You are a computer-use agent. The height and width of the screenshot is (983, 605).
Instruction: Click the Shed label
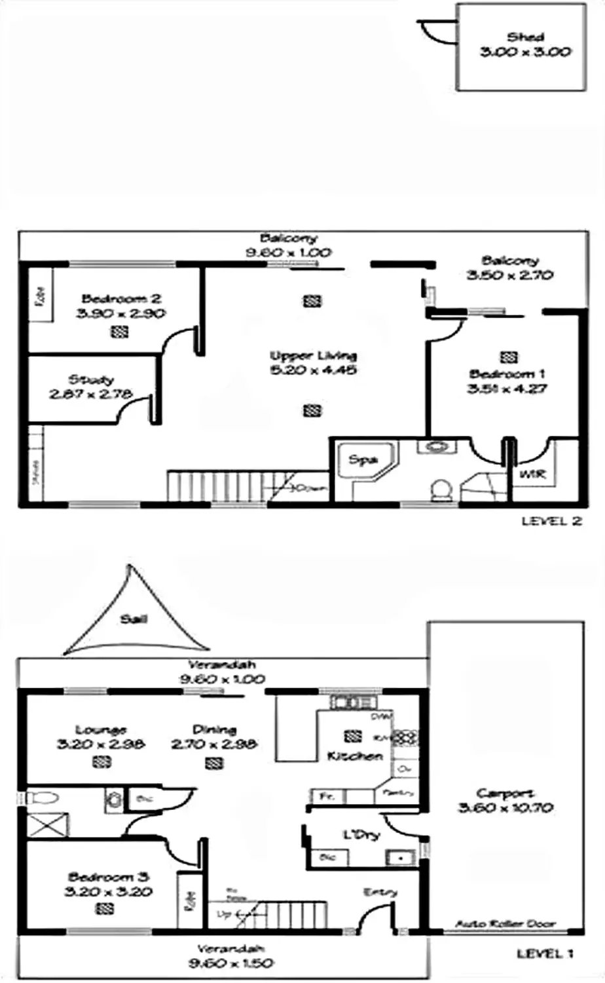coord(525,37)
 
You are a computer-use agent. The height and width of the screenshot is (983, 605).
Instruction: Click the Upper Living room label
coord(314,356)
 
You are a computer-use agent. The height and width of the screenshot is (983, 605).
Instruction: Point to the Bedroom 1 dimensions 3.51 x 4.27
coord(507,389)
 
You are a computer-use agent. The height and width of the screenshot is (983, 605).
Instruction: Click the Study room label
coord(91,379)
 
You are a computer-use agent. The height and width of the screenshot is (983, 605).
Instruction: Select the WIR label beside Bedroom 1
coord(532,473)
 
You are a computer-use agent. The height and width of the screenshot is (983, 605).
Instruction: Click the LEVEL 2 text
coord(551,522)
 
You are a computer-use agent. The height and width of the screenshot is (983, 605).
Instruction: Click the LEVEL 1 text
coord(545,954)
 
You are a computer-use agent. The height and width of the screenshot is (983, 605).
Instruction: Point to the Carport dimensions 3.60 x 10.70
coord(505,808)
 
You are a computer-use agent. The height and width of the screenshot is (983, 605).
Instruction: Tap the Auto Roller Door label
coord(505,924)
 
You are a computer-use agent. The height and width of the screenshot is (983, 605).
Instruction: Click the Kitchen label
coord(354,756)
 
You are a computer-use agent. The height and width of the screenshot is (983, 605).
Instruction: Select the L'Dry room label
coord(361,836)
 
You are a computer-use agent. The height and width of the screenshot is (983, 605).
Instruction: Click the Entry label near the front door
coord(380,893)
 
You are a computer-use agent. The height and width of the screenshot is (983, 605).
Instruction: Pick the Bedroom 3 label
coord(109,877)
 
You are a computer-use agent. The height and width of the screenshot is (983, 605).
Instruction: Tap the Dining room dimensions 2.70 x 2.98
coord(214,744)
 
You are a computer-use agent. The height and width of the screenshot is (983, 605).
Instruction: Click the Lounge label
coord(101,729)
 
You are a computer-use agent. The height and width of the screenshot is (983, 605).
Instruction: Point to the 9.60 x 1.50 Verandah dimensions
coord(231,963)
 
